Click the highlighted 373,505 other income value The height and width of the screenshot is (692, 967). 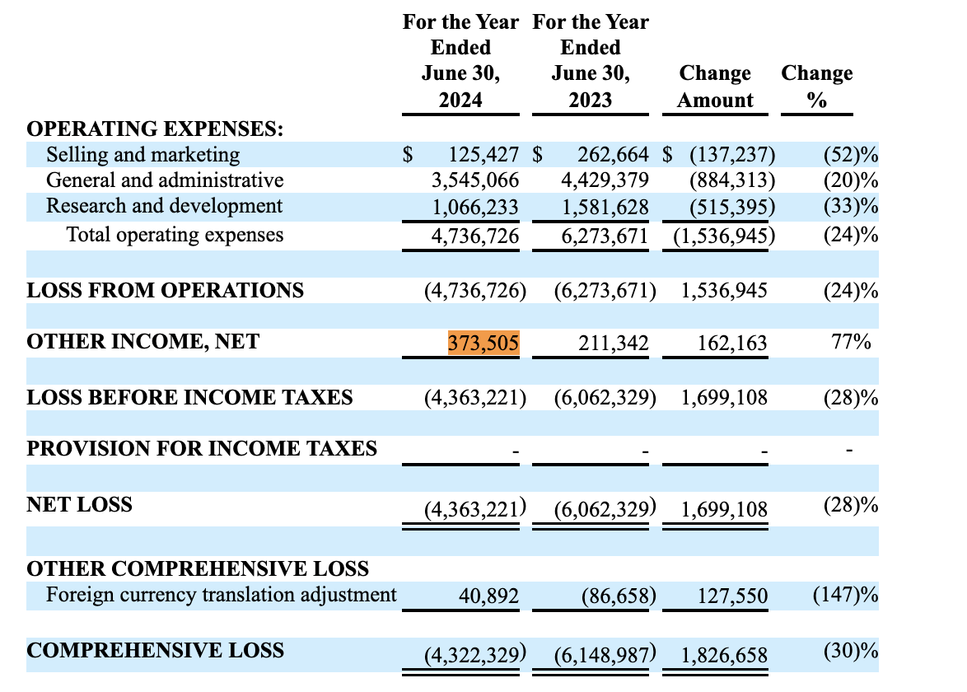[x=483, y=342]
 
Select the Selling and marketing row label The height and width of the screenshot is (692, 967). [x=142, y=155]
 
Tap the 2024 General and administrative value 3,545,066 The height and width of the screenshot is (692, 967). [x=475, y=180]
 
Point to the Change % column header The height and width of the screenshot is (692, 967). [x=816, y=86]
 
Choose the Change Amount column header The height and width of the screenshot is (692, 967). [x=715, y=86]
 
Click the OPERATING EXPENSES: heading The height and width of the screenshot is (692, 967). [x=155, y=129]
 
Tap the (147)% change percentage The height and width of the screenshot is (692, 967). [x=845, y=595]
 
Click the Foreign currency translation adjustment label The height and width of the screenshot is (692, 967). [x=221, y=595]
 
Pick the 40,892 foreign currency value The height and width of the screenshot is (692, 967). [x=490, y=596]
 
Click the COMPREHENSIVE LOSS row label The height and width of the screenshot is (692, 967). [x=155, y=651]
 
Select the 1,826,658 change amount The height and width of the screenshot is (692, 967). [x=724, y=656]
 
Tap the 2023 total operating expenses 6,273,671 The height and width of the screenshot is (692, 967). [x=605, y=236]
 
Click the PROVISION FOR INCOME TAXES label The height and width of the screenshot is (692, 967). [x=202, y=449]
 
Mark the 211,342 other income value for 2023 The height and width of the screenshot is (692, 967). [x=614, y=342]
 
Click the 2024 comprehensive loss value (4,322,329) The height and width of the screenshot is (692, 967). [x=474, y=656]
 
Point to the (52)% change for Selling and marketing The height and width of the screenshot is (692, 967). [x=850, y=155]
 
